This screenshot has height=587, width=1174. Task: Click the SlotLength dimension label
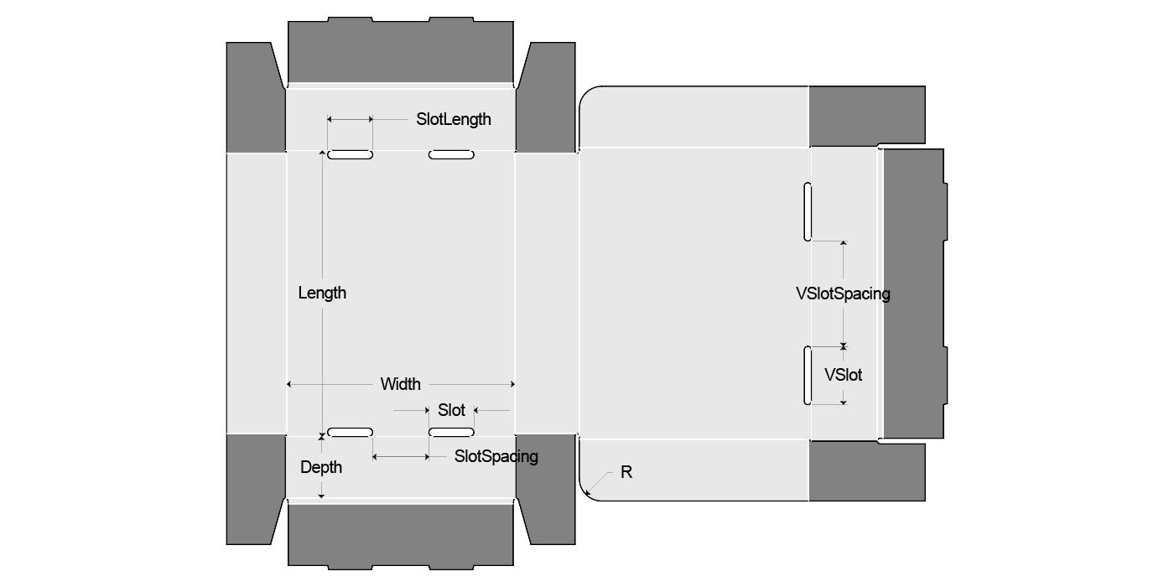click(x=454, y=119)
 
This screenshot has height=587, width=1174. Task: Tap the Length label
click(x=322, y=293)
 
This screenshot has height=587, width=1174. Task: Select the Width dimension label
click(x=401, y=384)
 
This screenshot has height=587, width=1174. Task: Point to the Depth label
click(x=321, y=467)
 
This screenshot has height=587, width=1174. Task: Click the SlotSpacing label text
click(x=496, y=456)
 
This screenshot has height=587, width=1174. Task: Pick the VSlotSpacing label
click(x=843, y=293)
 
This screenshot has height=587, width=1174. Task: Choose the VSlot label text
click(x=843, y=375)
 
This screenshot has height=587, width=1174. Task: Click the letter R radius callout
click(x=626, y=472)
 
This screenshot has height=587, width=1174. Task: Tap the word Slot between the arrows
click(x=451, y=410)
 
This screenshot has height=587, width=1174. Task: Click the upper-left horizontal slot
click(x=350, y=155)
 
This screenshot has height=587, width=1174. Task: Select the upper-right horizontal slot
click(x=451, y=155)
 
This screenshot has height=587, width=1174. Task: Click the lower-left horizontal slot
click(x=350, y=432)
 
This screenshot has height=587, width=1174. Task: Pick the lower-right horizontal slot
click(x=451, y=432)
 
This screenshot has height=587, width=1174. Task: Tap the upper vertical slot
click(x=808, y=211)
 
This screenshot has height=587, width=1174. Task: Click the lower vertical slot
click(x=808, y=375)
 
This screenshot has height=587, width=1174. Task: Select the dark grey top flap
click(x=400, y=50)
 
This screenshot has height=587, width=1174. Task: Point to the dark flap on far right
click(x=914, y=293)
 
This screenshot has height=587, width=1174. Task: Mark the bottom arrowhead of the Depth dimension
click(x=321, y=496)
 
